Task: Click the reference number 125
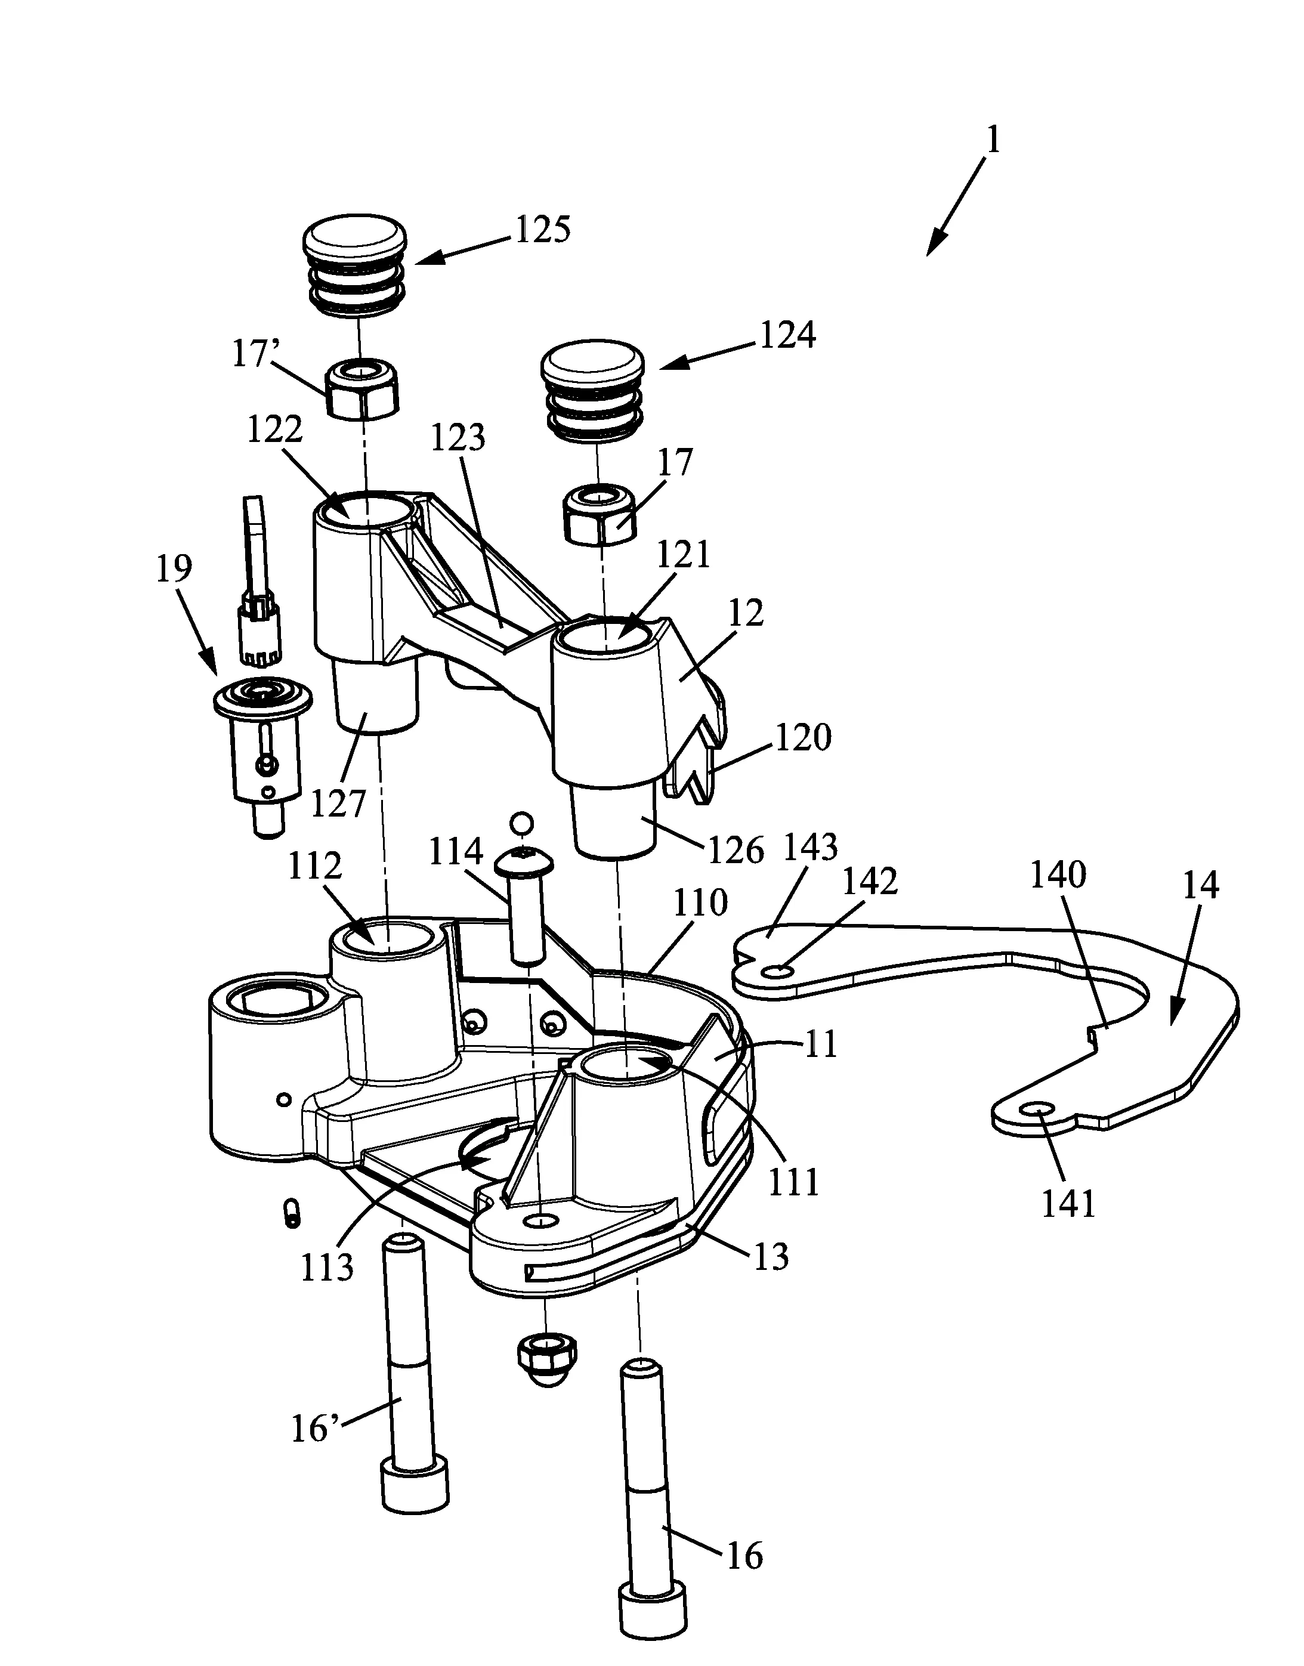point(543,229)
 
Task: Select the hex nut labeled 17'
point(363,388)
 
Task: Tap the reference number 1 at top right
point(993,141)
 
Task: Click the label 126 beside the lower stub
point(736,851)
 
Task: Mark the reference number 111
point(795,1183)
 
